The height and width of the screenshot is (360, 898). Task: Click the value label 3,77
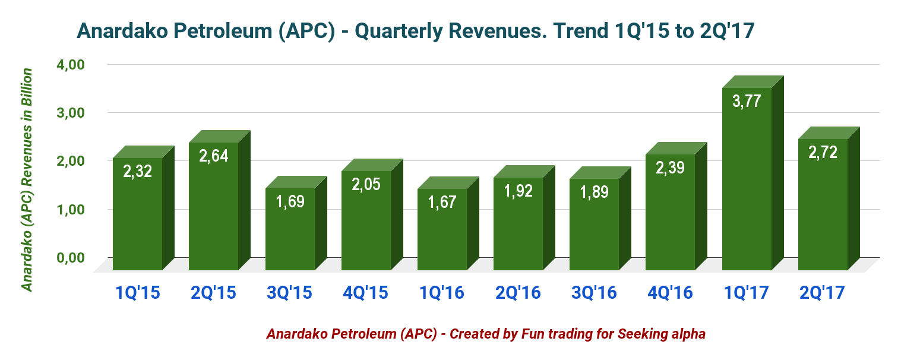click(x=747, y=101)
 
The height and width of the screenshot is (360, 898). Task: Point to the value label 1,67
click(x=442, y=202)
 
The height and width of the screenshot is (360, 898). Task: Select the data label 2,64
click(x=214, y=156)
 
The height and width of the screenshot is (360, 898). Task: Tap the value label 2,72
click(x=823, y=152)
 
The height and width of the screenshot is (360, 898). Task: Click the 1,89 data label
click(x=595, y=192)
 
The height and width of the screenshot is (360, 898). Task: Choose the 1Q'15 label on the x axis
click(x=138, y=293)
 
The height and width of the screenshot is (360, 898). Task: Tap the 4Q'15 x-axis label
click(x=366, y=293)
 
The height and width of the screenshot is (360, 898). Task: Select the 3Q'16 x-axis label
click(x=595, y=293)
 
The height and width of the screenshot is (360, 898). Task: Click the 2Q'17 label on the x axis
click(x=823, y=293)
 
